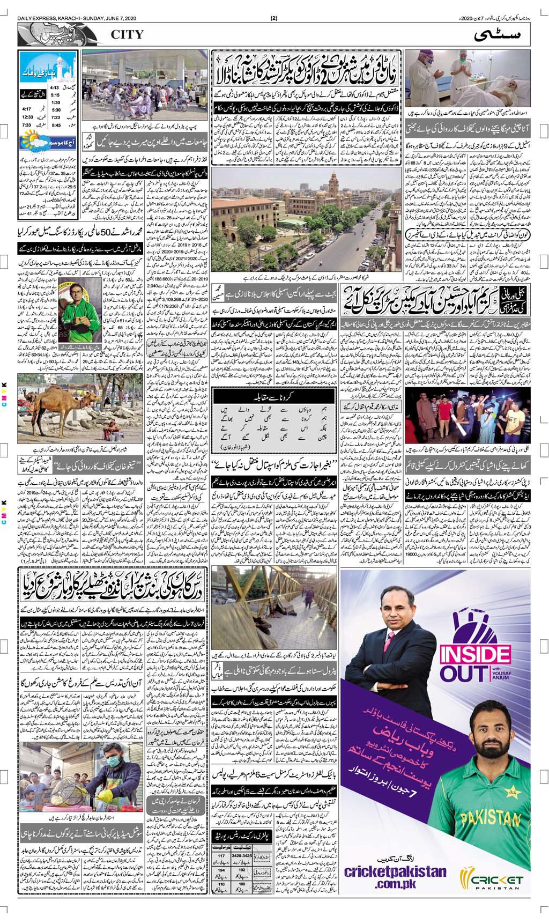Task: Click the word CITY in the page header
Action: pos(127,35)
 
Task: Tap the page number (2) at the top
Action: pos(274,19)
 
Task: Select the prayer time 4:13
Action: pos(54,87)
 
